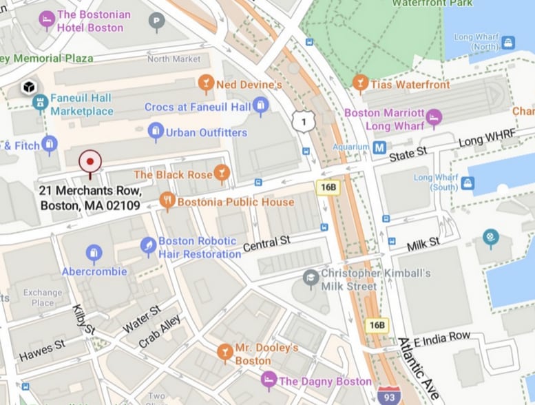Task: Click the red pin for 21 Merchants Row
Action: [90, 163]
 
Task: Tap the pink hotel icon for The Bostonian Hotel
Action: [47, 19]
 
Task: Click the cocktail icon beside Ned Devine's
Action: [205, 84]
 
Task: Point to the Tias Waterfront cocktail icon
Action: [359, 84]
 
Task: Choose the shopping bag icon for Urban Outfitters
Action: [156, 132]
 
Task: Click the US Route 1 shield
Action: [301, 122]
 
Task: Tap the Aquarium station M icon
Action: [379, 147]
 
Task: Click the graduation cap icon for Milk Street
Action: [311, 279]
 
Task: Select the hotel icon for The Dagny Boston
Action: [269, 380]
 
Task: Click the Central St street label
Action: [267, 243]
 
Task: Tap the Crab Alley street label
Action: [160, 331]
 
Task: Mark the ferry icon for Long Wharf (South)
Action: [468, 183]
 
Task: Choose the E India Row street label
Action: [442, 338]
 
